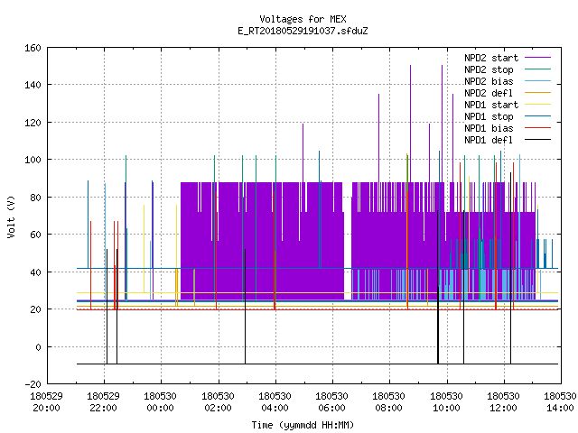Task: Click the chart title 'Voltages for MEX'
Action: [303, 19]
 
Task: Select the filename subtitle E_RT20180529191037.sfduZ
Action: [303, 31]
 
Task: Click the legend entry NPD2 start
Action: [491, 58]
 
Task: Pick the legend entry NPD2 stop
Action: [489, 69]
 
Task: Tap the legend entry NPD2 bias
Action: [489, 81]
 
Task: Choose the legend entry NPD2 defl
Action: [489, 93]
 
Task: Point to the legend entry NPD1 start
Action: [491, 105]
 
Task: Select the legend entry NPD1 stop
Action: [489, 116]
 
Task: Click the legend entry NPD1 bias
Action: [489, 128]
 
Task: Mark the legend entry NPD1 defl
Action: [489, 141]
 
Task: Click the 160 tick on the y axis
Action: [33, 48]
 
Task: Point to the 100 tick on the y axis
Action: [33, 160]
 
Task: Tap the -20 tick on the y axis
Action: [33, 384]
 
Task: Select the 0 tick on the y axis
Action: [38, 347]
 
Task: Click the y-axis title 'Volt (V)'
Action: [11, 216]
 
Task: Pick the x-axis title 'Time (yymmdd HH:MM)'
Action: [303, 425]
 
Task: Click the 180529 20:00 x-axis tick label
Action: [46, 402]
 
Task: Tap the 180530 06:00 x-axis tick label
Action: [331, 402]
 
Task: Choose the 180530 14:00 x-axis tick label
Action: [560, 402]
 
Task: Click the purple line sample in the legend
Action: [537, 58]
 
